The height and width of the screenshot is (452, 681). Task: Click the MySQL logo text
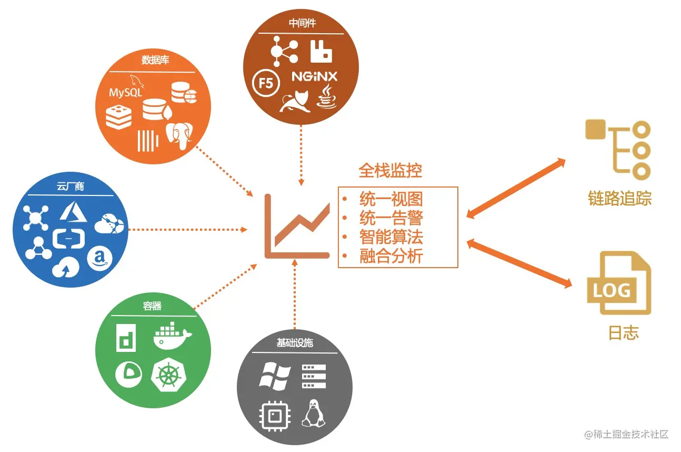(x=125, y=92)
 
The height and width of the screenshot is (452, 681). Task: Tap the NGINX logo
(x=314, y=77)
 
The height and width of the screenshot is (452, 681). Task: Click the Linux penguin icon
(x=314, y=414)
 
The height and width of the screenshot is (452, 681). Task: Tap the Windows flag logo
(x=275, y=376)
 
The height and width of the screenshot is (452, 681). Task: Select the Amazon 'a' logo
(x=99, y=259)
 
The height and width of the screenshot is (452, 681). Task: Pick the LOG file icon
(x=619, y=284)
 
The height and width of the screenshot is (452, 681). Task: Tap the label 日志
(x=623, y=333)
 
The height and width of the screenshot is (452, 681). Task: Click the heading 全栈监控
(x=390, y=170)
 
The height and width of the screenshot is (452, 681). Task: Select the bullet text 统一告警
(x=391, y=218)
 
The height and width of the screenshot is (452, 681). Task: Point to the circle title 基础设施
(x=295, y=342)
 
